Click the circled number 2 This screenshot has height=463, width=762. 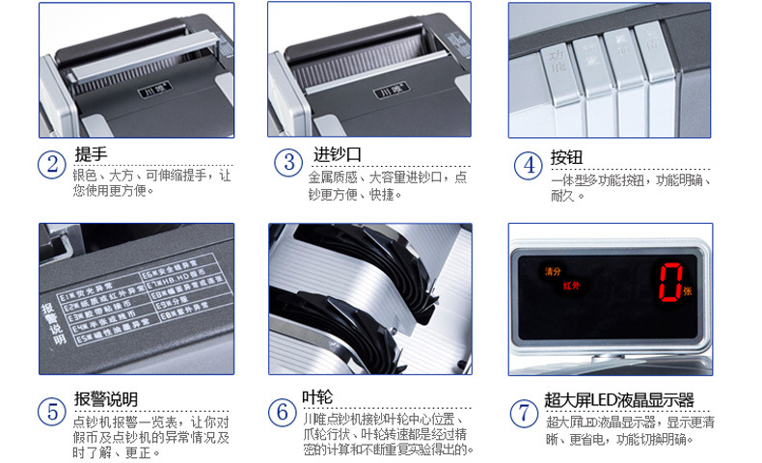pos(52,164)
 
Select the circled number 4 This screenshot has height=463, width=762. pos(528,165)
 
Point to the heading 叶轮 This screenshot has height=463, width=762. pos(317,396)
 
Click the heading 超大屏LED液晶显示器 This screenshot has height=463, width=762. pos(618,400)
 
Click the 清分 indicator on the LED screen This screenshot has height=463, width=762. pos(552,271)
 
